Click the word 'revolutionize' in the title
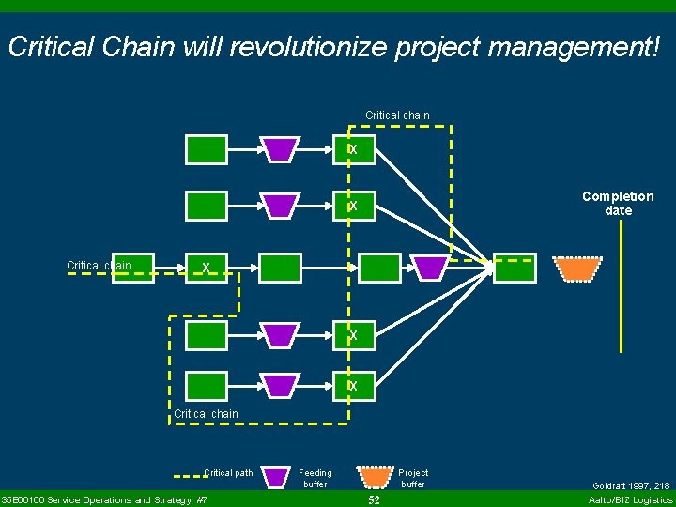[x=306, y=47]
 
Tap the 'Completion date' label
[x=618, y=203]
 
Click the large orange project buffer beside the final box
[x=576, y=269]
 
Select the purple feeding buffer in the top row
[x=280, y=149]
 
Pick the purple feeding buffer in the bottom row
[x=280, y=386]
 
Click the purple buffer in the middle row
[x=431, y=269]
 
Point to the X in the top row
[x=353, y=150]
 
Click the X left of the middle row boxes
[x=206, y=269]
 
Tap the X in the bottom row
[x=353, y=386]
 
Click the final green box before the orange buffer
[x=515, y=269]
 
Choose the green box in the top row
[x=207, y=149]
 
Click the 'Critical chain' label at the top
[x=397, y=115]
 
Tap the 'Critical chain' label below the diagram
[x=207, y=413]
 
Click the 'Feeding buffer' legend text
[x=315, y=479]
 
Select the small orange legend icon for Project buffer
[x=376, y=476]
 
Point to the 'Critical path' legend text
[x=228, y=473]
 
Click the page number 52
[x=374, y=500]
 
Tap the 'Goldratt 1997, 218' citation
[x=631, y=485]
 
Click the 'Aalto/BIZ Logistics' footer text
[x=630, y=500]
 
